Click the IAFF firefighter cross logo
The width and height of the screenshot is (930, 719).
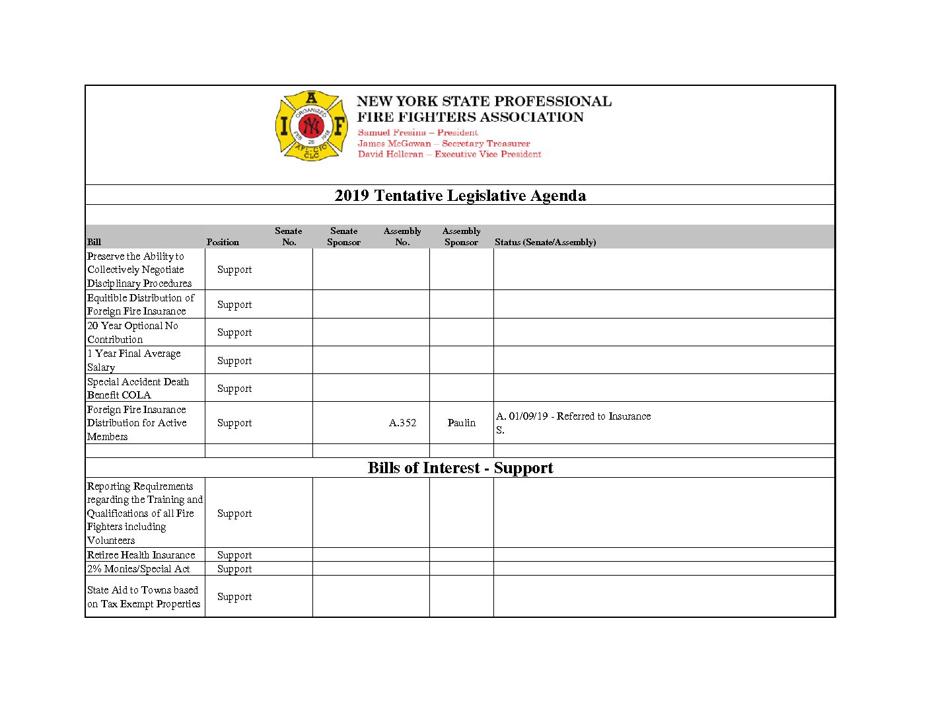click(x=311, y=126)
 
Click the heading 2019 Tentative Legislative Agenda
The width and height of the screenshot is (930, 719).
click(x=460, y=196)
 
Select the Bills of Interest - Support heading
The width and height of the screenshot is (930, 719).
click(x=460, y=468)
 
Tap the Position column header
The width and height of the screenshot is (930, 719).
click(x=223, y=243)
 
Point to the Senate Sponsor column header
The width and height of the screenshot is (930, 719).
click(x=343, y=237)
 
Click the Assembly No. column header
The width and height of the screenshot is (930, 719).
click(x=402, y=237)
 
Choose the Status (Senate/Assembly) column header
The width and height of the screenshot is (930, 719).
click(x=545, y=243)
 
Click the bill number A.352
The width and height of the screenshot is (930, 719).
click(x=402, y=423)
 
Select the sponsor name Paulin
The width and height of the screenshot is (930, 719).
click(x=461, y=423)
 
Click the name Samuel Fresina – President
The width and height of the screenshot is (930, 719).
click(x=417, y=133)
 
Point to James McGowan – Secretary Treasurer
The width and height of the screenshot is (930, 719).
click(x=444, y=143)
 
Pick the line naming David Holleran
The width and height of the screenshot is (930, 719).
click(x=449, y=154)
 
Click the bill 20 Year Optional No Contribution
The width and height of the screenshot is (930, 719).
click(x=133, y=332)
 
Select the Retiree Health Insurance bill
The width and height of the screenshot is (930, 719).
click(x=141, y=555)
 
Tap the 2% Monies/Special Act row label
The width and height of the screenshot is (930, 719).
click(x=138, y=569)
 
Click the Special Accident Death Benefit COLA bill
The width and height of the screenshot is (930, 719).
click(x=138, y=389)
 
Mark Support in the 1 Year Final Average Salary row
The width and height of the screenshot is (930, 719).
click(x=234, y=361)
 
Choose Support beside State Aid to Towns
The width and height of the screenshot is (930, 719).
click(x=234, y=597)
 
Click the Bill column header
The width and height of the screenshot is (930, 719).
click(x=94, y=243)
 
